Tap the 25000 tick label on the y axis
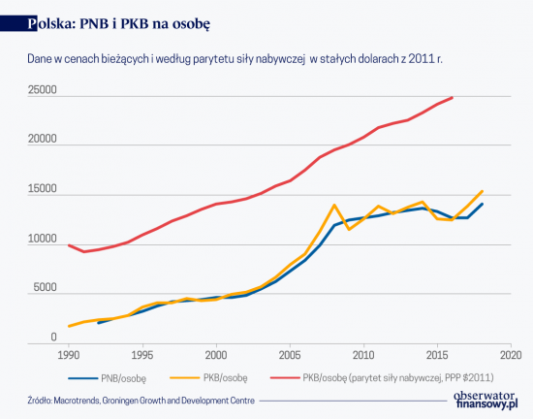tap(42, 91)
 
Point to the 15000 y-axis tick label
tap(42, 190)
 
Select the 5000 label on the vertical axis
tap(45, 288)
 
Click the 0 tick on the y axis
tap(53, 338)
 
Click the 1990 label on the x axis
tap(68, 355)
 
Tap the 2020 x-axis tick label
tap(511, 355)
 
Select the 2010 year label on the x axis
tap(363, 355)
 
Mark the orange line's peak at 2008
tap(334, 205)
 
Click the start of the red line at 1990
tap(68, 245)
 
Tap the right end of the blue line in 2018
tap(482, 204)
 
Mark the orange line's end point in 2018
tap(482, 191)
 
